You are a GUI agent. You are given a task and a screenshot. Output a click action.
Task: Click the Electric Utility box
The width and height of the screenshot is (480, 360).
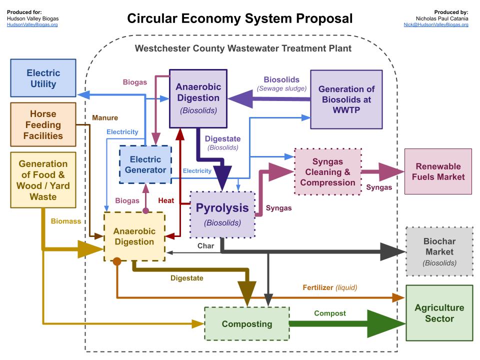[x=43, y=78]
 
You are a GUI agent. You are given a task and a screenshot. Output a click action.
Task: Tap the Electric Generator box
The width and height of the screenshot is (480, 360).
[x=145, y=165]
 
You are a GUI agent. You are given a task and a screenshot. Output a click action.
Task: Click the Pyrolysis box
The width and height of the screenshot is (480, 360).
[x=222, y=213]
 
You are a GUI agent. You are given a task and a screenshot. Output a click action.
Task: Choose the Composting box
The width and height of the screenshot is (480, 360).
[x=247, y=324]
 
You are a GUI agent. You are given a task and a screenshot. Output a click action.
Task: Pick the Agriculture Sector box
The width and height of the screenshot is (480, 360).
[x=439, y=313]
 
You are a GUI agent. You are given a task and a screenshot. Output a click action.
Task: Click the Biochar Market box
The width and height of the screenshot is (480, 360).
[x=439, y=251]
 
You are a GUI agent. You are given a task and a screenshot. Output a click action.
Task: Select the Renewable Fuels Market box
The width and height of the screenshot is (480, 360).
[x=438, y=171]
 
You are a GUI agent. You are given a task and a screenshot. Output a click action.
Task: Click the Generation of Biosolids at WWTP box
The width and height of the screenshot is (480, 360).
[x=346, y=99]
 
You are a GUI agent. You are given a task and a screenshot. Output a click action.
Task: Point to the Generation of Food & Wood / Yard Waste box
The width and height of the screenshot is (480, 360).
[x=43, y=180]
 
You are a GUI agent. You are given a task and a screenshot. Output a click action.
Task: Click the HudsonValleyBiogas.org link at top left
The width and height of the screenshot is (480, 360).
[x=32, y=24]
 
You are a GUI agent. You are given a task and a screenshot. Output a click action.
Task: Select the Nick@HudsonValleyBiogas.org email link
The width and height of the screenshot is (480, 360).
[x=436, y=24]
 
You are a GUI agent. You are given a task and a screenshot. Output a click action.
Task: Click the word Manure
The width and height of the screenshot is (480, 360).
[x=105, y=118]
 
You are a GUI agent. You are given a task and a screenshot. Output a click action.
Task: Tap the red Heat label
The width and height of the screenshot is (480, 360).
[x=166, y=200]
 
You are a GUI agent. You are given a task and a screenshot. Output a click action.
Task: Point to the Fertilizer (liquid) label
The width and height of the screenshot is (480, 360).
[x=329, y=287]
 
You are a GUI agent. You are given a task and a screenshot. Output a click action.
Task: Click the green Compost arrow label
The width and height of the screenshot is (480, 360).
[x=329, y=313]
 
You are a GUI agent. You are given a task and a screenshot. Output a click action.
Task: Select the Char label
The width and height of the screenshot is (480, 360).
[x=205, y=245]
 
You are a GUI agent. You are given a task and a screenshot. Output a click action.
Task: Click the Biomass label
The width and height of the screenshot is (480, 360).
[x=65, y=220]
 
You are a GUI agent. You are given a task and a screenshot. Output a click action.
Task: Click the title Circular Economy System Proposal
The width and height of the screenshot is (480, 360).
[x=239, y=18]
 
